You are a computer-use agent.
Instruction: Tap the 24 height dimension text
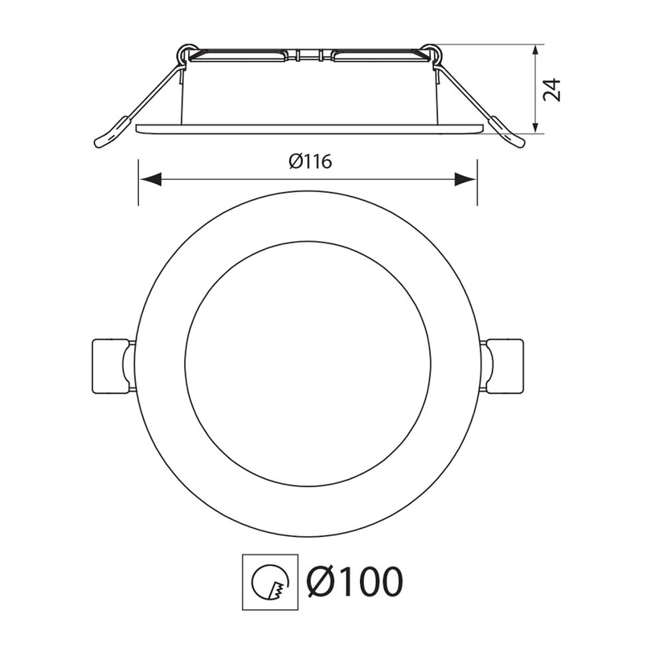click(551, 88)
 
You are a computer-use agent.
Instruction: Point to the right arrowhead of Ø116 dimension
click(465, 178)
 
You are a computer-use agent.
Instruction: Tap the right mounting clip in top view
click(504, 366)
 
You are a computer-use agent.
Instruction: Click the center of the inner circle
click(308, 365)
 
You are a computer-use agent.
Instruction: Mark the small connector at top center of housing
click(308, 56)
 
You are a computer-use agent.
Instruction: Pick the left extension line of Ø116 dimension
click(138, 181)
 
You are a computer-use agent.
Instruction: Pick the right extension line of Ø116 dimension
click(477, 181)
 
